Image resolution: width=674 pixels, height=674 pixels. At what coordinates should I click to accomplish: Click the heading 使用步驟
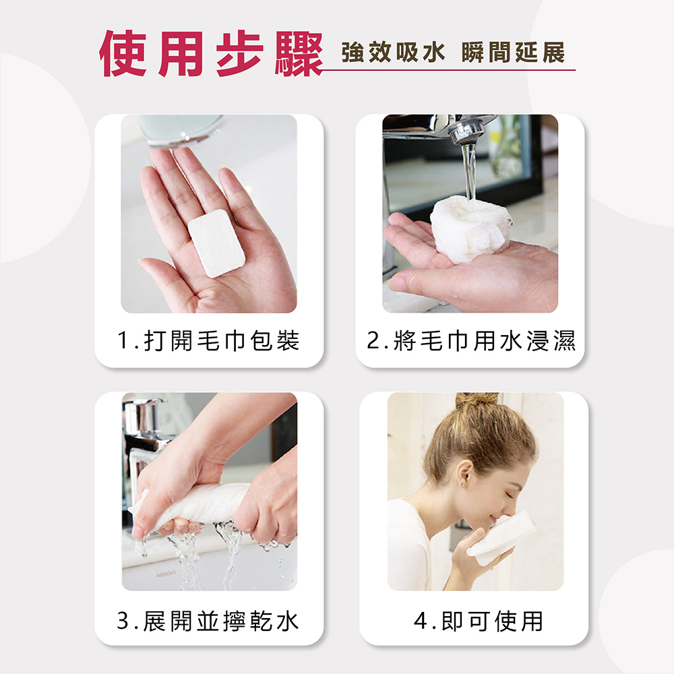click(209, 53)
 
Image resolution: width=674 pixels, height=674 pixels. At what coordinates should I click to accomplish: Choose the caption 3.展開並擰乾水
click(208, 621)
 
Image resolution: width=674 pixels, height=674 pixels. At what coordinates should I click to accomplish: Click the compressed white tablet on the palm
click(216, 247)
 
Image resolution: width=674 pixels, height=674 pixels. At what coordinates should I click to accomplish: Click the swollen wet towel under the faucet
click(469, 229)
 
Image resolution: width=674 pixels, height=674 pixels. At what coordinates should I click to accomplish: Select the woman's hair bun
click(477, 400)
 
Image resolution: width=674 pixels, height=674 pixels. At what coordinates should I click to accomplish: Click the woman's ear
click(463, 476)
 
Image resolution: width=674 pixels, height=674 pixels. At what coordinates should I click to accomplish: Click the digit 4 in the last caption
click(421, 621)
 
